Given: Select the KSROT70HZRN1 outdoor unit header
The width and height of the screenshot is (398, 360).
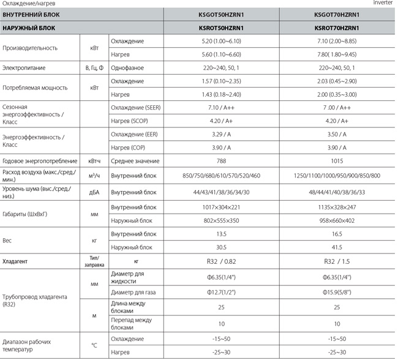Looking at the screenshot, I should [x=336, y=28].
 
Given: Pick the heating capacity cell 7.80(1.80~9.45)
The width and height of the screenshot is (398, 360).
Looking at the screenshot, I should [x=336, y=54].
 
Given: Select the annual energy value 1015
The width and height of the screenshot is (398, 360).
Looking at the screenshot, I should [x=336, y=161].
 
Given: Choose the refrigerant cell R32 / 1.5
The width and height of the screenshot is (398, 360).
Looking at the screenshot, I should [x=336, y=261].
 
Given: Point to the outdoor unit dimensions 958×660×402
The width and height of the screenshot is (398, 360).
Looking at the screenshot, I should [x=336, y=220].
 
